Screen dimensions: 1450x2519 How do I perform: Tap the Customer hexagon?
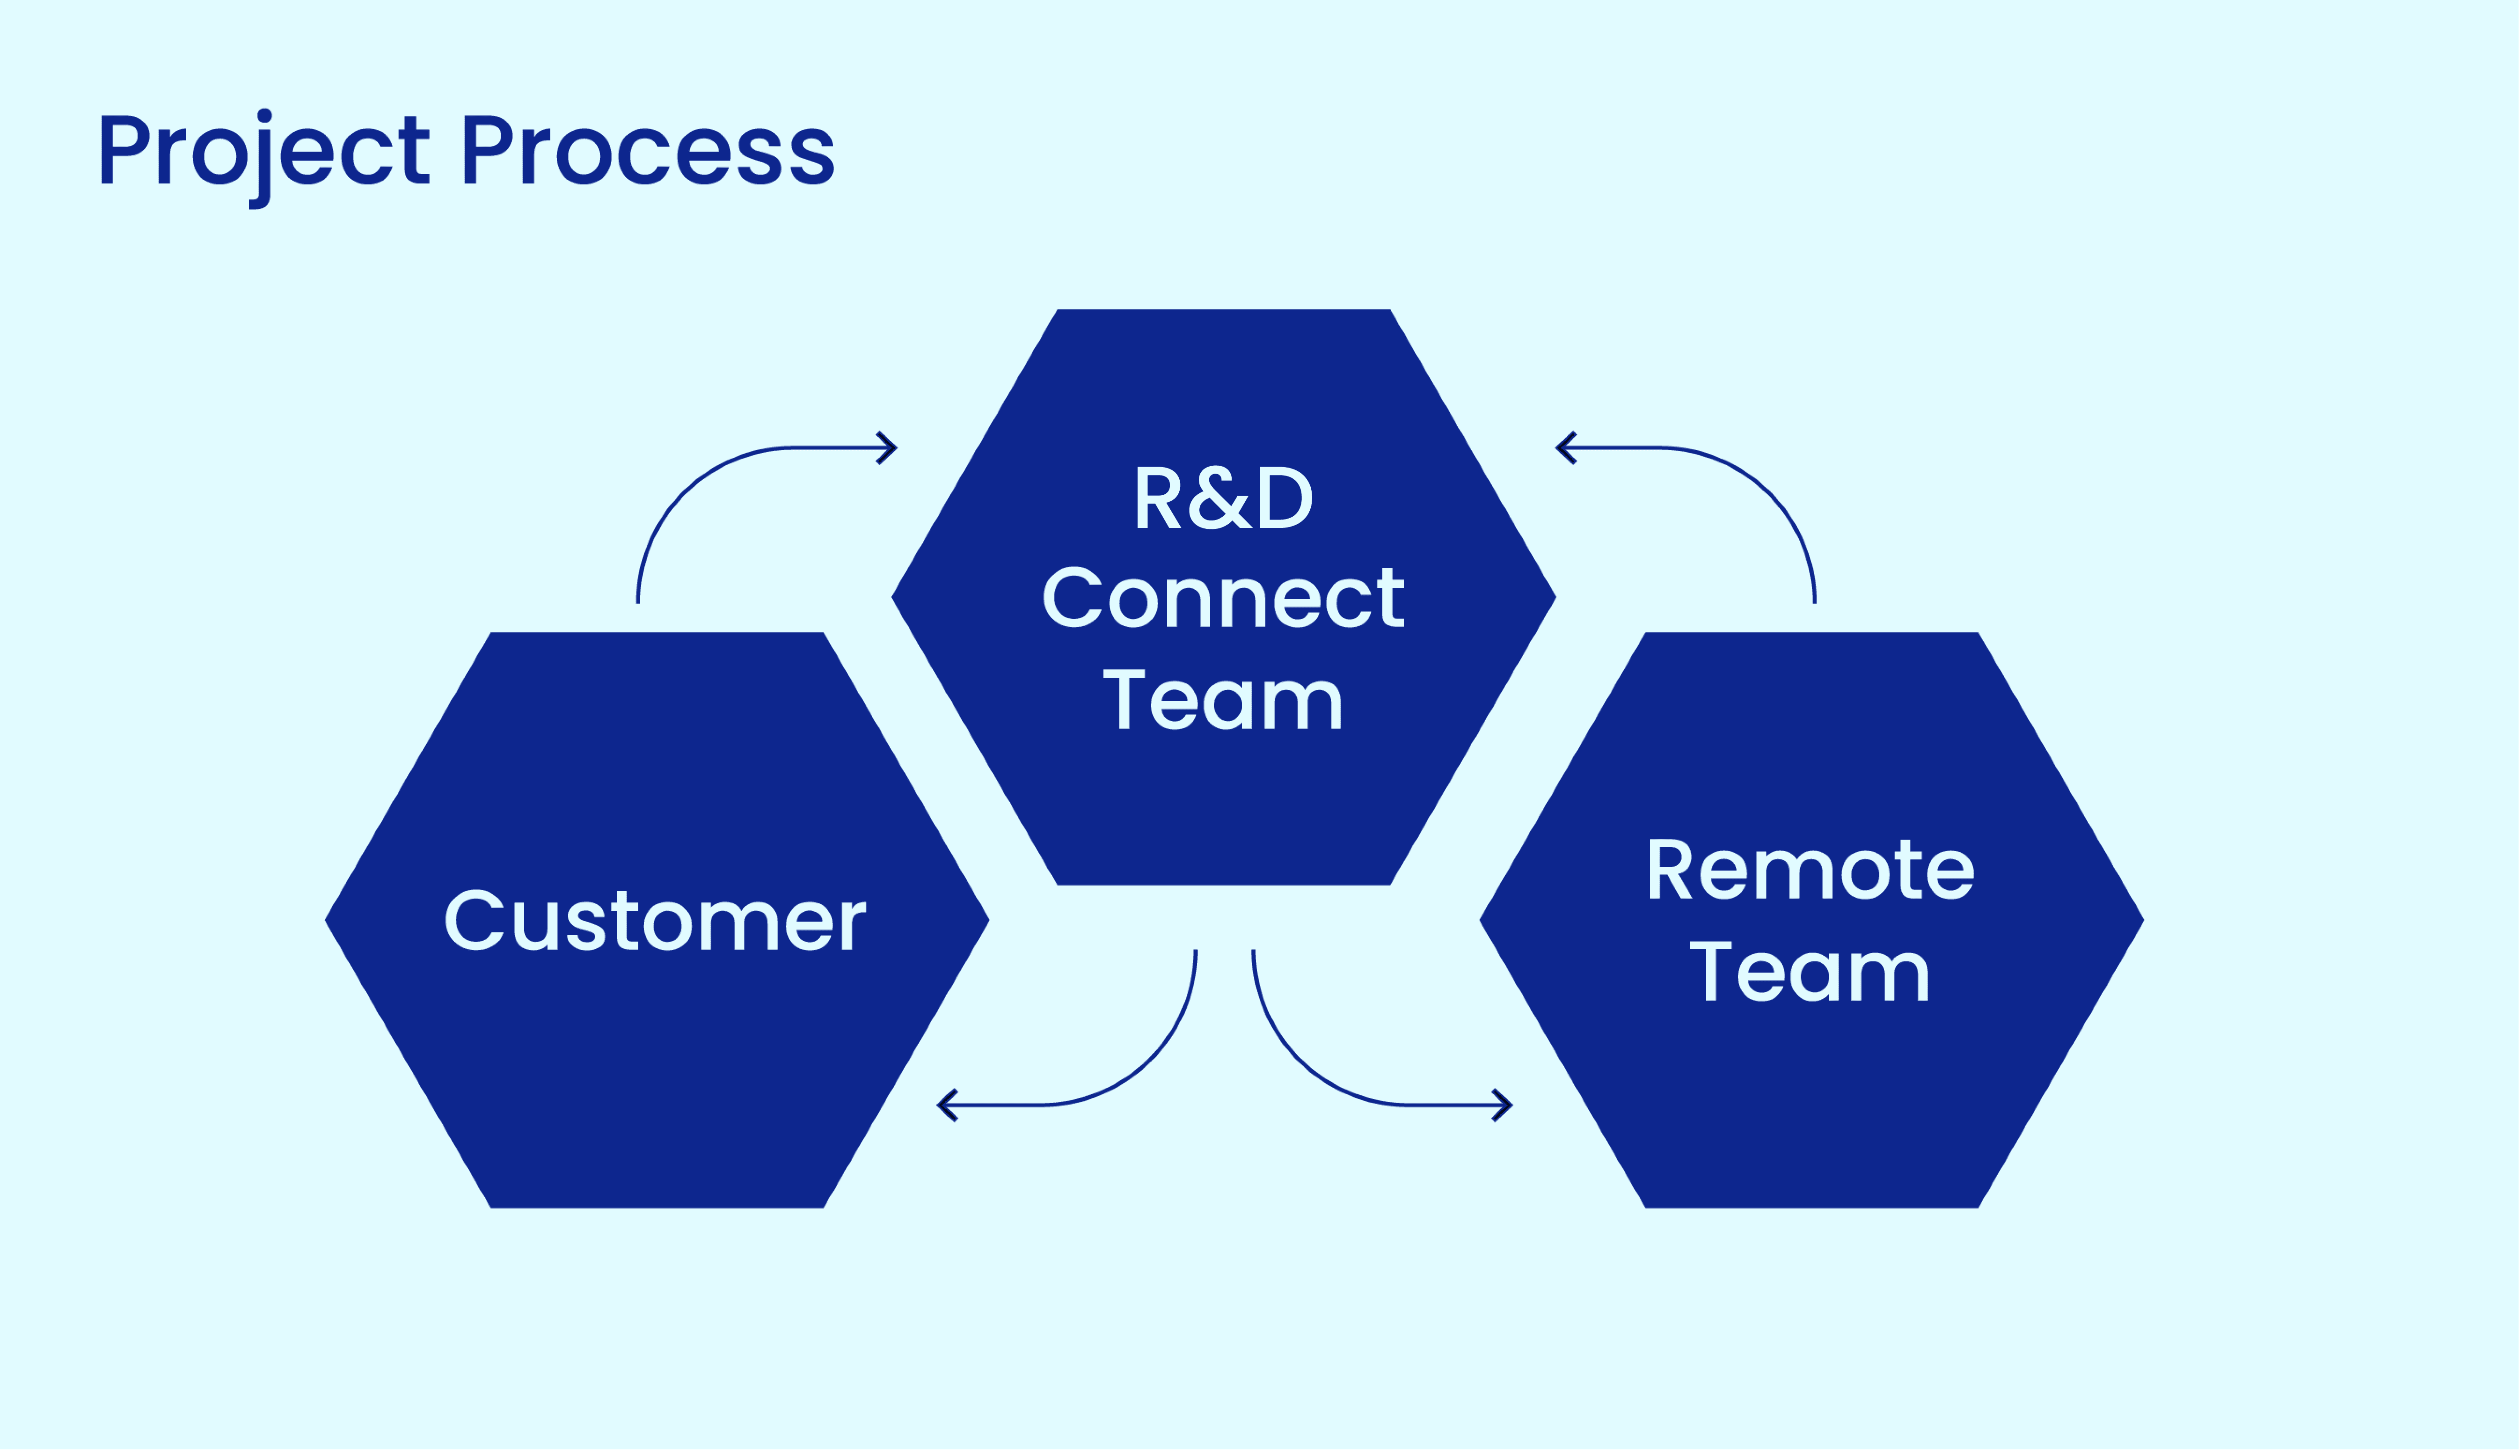point(657,1076)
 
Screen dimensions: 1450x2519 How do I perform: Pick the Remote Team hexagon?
point(1812,1106)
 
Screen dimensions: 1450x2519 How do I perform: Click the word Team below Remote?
point(1810,972)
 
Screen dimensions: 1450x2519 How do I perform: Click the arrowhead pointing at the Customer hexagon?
point(946,1106)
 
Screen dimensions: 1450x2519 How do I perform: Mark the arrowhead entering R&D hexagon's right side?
point(1565,448)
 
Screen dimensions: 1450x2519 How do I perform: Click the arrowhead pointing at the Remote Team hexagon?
point(1504,1106)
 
